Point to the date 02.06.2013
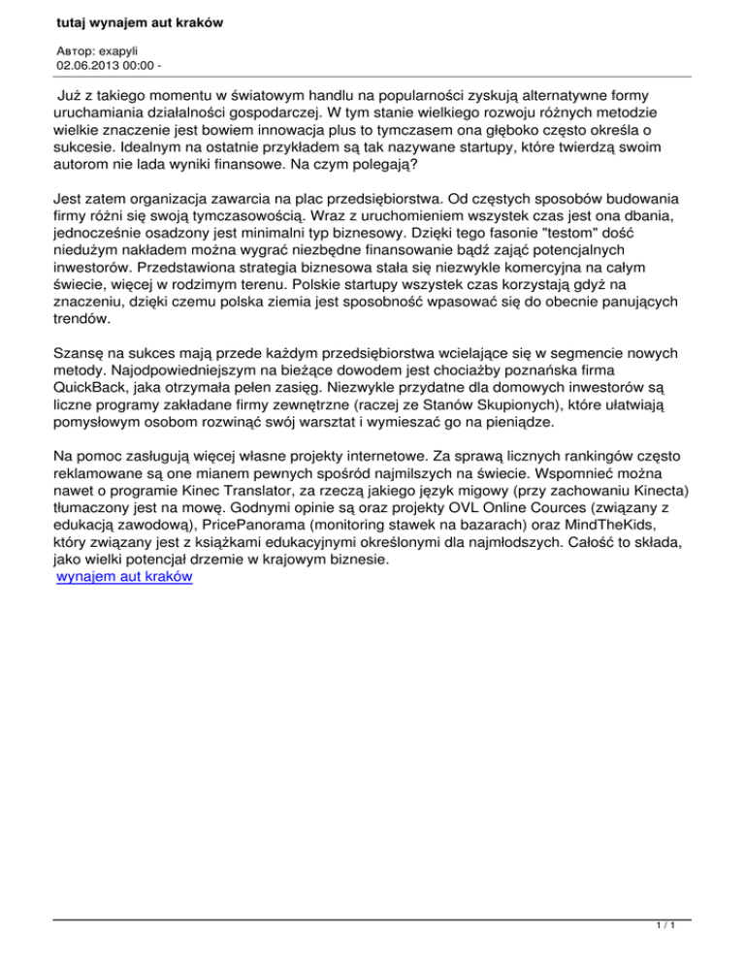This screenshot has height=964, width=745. (87, 66)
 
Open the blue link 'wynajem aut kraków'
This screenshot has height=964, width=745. (124, 576)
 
